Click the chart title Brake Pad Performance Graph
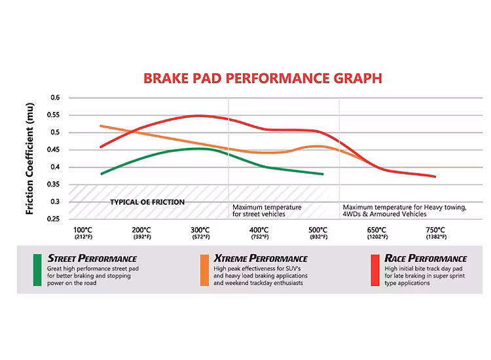click(263, 79)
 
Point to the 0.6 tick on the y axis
click(55, 98)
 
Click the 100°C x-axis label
click(83, 230)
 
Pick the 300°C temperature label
click(200, 230)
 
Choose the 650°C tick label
click(376, 230)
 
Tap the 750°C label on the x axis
click(435, 230)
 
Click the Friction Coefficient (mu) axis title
click(30, 158)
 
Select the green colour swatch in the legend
click(38, 269)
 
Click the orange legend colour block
click(204, 269)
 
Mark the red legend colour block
click(375, 269)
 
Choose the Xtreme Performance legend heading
click(261, 258)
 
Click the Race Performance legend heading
click(426, 258)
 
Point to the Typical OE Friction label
click(147, 202)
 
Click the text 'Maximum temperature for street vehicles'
click(267, 211)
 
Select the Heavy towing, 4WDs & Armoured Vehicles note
click(405, 211)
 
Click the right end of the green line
click(323, 174)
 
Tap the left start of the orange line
click(101, 126)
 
